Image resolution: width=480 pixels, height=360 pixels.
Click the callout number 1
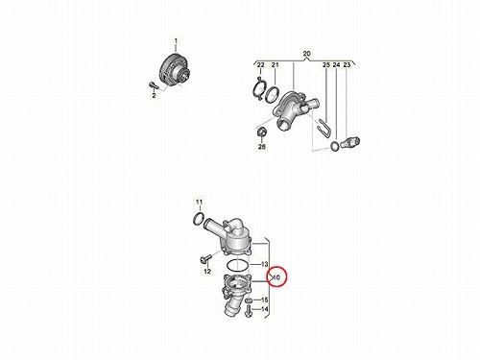click(x=176, y=41)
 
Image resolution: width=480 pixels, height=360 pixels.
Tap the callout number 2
click(x=154, y=95)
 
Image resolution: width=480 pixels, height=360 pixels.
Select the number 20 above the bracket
click(x=306, y=54)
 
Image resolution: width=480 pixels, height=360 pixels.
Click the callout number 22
click(x=261, y=65)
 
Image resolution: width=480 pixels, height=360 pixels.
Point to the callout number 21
click(x=276, y=65)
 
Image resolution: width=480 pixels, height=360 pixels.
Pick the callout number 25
click(x=326, y=65)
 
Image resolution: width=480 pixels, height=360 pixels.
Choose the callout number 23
click(x=347, y=65)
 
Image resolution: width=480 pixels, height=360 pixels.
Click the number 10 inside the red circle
click(x=276, y=277)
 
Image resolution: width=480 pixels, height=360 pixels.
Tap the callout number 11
click(x=199, y=202)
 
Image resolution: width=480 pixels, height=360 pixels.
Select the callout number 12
click(x=207, y=272)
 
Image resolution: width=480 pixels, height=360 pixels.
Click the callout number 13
click(x=264, y=264)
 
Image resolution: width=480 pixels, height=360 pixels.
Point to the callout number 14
click(x=264, y=309)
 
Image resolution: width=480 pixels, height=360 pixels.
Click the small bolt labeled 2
click(x=153, y=85)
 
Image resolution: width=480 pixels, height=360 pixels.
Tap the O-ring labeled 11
click(x=194, y=219)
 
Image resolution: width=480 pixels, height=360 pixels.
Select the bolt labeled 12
click(x=205, y=258)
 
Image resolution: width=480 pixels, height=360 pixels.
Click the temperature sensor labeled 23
click(x=350, y=142)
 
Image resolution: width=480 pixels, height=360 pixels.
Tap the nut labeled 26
click(x=261, y=132)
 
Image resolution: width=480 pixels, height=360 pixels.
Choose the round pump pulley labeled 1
click(x=175, y=70)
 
